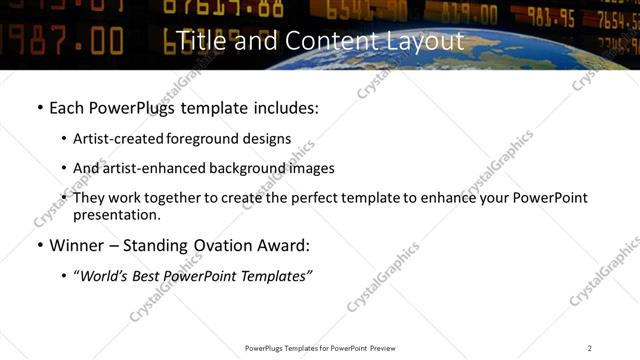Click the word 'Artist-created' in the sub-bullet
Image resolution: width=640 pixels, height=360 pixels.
[x=119, y=139]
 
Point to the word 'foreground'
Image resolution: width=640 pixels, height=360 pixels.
[x=208, y=139]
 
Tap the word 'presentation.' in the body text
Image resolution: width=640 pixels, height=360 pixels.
[x=116, y=215]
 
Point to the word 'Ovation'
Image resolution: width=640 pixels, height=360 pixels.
[x=221, y=245]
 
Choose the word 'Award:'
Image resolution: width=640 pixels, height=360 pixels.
[x=282, y=245]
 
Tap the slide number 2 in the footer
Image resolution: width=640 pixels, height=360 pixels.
[x=590, y=348]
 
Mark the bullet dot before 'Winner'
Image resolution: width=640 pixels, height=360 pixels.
[x=39, y=246]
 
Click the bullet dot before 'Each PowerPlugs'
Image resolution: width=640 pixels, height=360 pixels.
[x=39, y=108]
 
